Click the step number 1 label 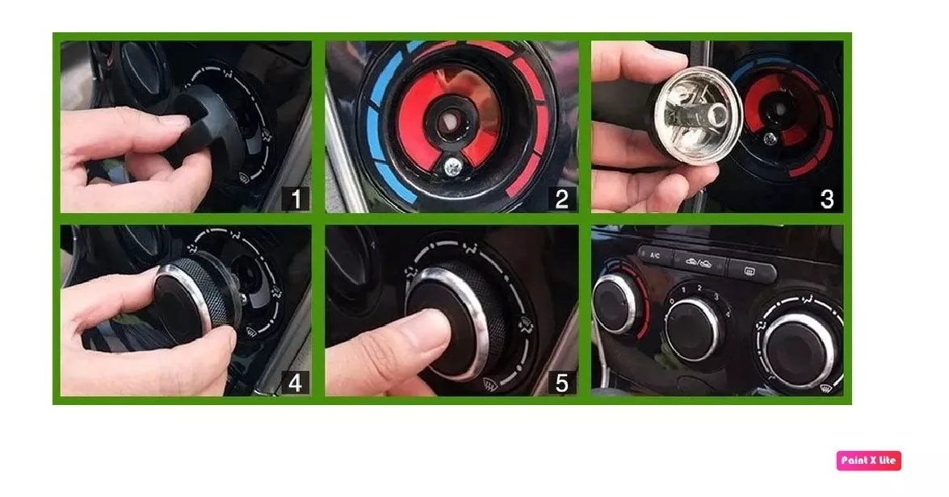pos(296,198)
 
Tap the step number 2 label pos(562,198)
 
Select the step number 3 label pos(826,198)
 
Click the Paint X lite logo pos(868,461)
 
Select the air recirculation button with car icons pos(698,260)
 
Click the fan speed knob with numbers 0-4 pos(693,327)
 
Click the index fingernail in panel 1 pos(172,120)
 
